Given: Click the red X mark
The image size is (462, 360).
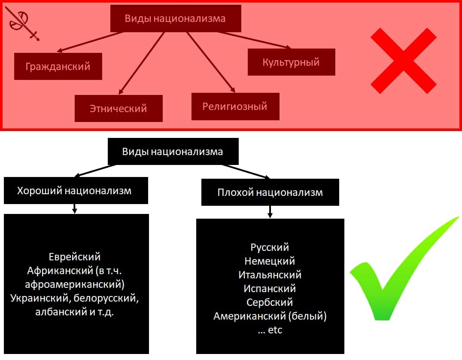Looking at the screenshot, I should click(x=403, y=61).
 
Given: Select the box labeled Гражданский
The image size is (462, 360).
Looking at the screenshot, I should click(x=58, y=67).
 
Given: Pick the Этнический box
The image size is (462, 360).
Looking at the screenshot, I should click(x=119, y=108).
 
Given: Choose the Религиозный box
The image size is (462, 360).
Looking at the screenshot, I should click(x=235, y=106).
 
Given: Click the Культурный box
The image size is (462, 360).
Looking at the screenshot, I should click(x=291, y=62).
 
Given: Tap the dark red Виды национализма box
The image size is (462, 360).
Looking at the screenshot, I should click(x=175, y=18).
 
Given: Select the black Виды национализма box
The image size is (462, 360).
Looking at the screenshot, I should click(x=173, y=152).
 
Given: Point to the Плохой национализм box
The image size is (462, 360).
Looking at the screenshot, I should click(x=270, y=192).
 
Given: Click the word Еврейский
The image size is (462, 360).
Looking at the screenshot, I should click(x=75, y=257).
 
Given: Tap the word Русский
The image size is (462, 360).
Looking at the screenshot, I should click(x=270, y=247).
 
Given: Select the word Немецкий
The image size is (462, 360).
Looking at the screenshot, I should click(x=270, y=261).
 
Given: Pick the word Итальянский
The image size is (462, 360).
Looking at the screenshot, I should click(x=270, y=275).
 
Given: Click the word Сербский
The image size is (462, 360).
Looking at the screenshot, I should click(x=270, y=302).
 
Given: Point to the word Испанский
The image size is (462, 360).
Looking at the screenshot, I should click(x=270, y=289).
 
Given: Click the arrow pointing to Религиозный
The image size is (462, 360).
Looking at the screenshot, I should click(x=210, y=62).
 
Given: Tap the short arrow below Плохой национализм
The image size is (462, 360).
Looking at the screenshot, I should click(x=270, y=212).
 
